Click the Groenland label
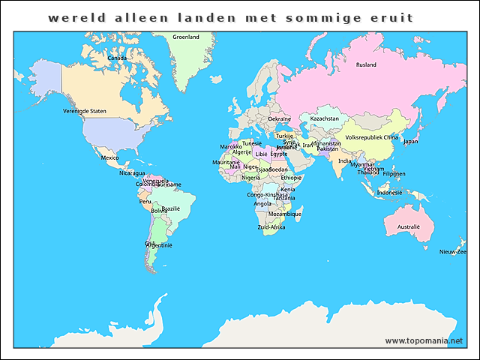click(x=186, y=37)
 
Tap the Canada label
click(x=117, y=58)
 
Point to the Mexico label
click(x=109, y=158)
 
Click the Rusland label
click(x=366, y=65)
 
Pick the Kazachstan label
click(x=325, y=118)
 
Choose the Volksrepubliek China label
click(x=371, y=138)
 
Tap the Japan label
click(x=411, y=141)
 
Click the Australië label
click(x=409, y=226)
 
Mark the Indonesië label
click(x=389, y=192)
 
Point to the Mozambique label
click(x=285, y=214)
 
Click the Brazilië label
click(x=171, y=208)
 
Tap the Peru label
click(x=145, y=201)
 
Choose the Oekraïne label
click(x=279, y=119)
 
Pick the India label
click(x=344, y=160)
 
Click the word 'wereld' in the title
click(x=72, y=17)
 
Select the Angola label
click(x=262, y=203)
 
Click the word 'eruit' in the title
click(x=390, y=17)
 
